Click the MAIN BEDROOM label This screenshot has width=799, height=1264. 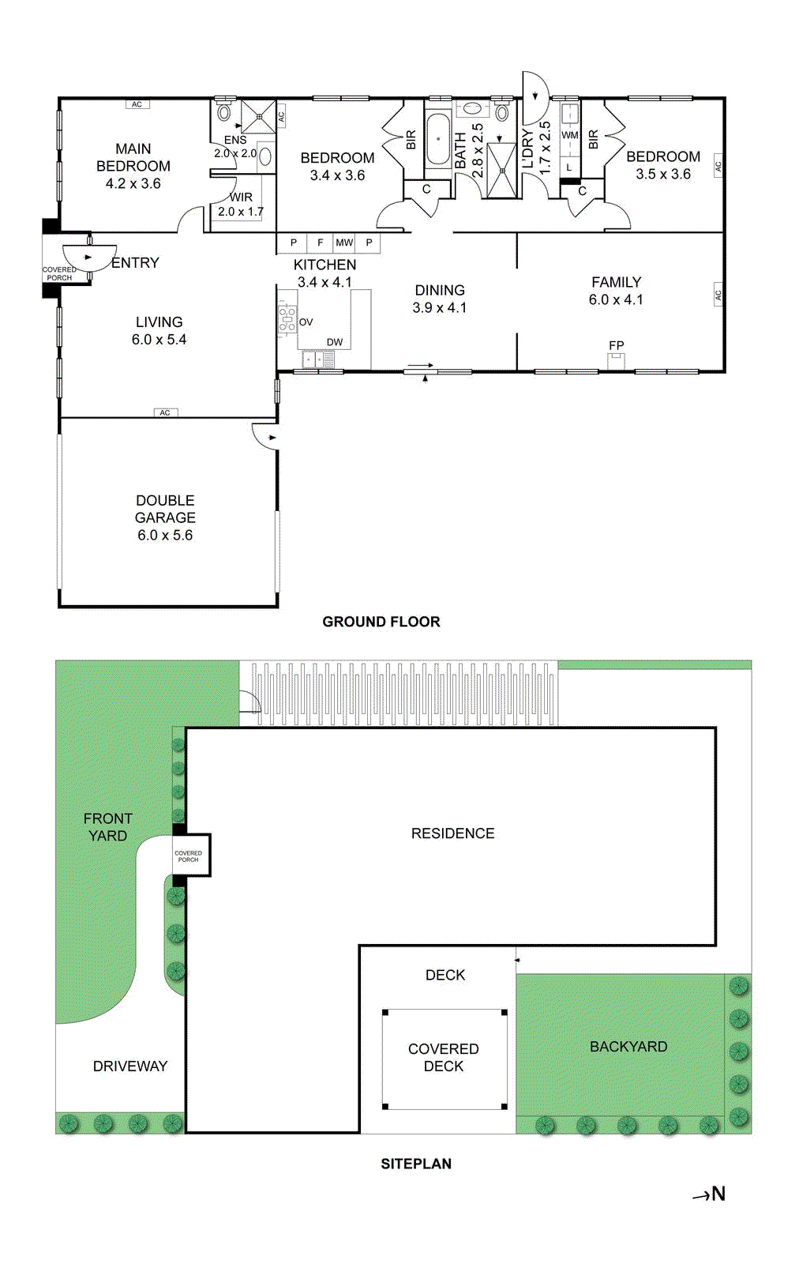133,166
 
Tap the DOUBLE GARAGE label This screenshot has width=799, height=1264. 165,517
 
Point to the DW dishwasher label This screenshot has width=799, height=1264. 335,342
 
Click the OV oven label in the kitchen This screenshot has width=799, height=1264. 306,322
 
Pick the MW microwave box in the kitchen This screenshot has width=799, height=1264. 344,243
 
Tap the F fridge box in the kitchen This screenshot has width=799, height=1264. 320,243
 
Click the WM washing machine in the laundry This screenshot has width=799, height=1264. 570,135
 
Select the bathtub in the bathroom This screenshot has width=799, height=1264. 438,140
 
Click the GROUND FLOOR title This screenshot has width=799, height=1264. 381,622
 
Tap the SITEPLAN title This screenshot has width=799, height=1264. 416,1164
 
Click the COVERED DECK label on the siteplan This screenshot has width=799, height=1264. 444,1057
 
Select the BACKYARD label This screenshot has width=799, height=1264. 628,1047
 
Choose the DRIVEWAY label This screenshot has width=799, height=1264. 130,1066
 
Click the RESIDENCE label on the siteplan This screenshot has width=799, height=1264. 452,833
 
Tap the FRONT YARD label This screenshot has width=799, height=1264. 108,827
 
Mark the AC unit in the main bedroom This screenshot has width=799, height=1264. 137,104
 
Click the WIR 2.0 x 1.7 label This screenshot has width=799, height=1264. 241,205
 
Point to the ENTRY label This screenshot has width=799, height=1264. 135,263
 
